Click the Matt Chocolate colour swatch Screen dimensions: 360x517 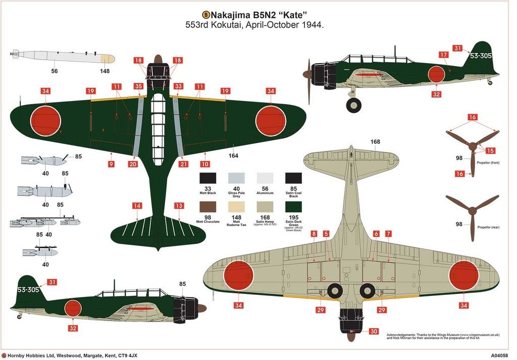pyautogui.click(x=208, y=207)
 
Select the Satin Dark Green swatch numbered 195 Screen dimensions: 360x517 pyautogui.click(x=293, y=207)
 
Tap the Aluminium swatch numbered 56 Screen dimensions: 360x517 pyautogui.click(x=265, y=178)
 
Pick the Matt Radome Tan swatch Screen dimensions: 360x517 pyautogui.click(x=236, y=207)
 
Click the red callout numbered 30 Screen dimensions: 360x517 pyautogui.click(x=373, y=331)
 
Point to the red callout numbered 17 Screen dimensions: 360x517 pyautogui.click(x=443, y=55)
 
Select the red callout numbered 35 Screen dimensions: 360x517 pyautogui.click(x=138, y=86)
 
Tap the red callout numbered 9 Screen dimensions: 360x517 pyautogui.click(x=111, y=164)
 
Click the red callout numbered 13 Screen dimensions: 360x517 pyautogui.click(x=179, y=205)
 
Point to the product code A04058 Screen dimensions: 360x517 pyautogui.click(x=500, y=355)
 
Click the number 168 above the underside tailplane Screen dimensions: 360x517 pyautogui.click(x=375, y=142)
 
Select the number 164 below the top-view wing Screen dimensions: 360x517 pyautogui.click(x=233, y=156)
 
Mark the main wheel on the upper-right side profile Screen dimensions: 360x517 pyautogui.click(x=353, y=105)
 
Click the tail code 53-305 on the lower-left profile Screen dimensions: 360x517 pyautogui.click(x=28, y=290)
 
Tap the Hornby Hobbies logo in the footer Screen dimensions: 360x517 pyautogui.click(x=4, y=355)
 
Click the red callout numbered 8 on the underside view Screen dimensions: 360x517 pyautogui.click(x=314, y=234)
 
